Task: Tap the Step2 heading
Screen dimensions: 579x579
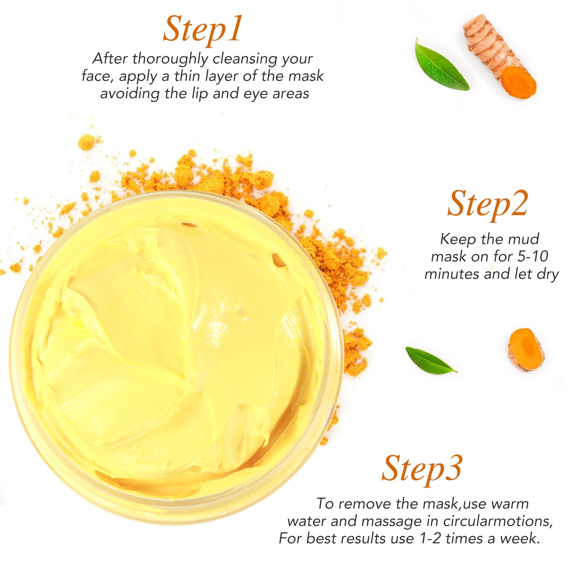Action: [x=488, y=204]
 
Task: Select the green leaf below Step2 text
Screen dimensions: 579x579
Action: [x=430, y=360]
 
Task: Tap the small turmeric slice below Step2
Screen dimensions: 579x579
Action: [x=526, y=349]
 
